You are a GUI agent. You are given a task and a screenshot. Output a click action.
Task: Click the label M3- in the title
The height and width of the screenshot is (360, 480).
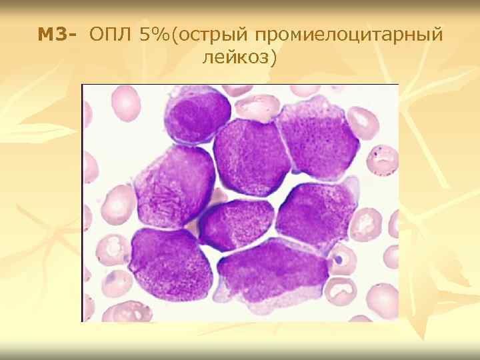coord(59,35)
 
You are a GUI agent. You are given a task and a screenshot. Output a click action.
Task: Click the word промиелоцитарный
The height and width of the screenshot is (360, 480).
coord(349,35)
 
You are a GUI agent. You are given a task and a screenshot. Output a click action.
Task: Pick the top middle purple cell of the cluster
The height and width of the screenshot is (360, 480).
coord(252,157)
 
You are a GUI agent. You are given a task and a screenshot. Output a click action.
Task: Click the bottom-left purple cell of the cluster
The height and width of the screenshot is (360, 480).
coord(163,264)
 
